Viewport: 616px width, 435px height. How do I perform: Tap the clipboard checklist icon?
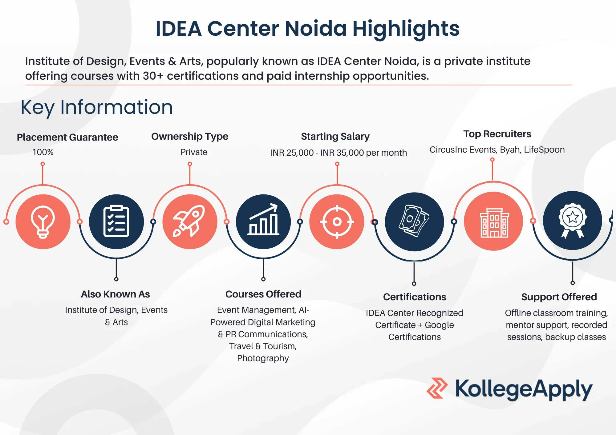116,221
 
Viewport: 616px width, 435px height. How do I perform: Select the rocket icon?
189,221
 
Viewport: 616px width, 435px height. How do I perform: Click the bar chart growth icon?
263,219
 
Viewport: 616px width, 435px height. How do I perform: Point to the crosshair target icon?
337,221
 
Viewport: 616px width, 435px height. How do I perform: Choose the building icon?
494,223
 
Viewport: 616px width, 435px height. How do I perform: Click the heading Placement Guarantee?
67,137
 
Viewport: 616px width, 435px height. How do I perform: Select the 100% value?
43,152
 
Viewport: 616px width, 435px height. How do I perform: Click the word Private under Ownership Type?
194,152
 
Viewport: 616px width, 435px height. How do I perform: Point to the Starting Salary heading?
335,136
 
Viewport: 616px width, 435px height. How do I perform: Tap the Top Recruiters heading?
497,134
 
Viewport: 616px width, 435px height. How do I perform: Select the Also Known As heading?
115,294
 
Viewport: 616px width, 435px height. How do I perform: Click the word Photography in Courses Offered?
263,358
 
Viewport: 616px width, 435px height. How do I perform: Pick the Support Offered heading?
559,297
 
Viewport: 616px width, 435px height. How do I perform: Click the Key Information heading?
97,107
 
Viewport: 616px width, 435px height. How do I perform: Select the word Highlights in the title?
406,29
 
